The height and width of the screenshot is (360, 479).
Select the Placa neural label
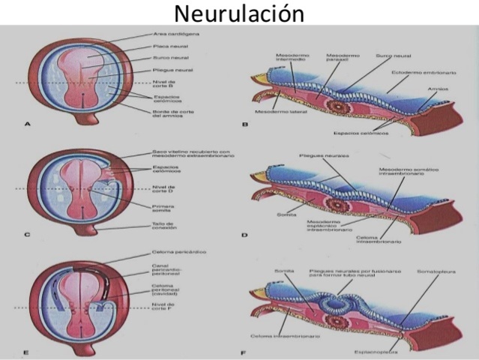(x=168, y=46)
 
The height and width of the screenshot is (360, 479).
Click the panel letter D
(x=244, y=235)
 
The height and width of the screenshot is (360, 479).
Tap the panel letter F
(x=244, y=351)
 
